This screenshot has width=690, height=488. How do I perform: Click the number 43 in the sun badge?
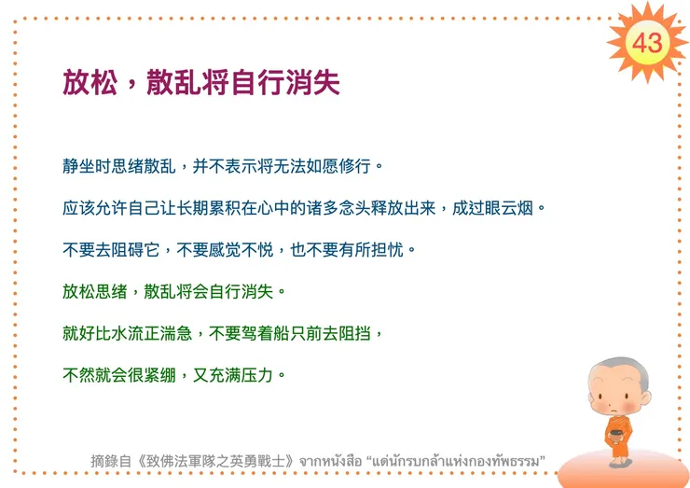[647, 42]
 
